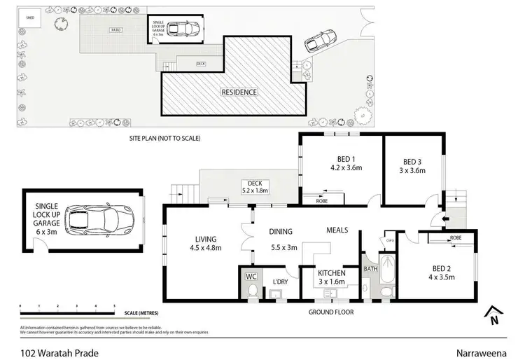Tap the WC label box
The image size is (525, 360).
(x=251, y=276)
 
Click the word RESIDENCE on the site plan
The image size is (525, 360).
(x=239, y=92)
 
